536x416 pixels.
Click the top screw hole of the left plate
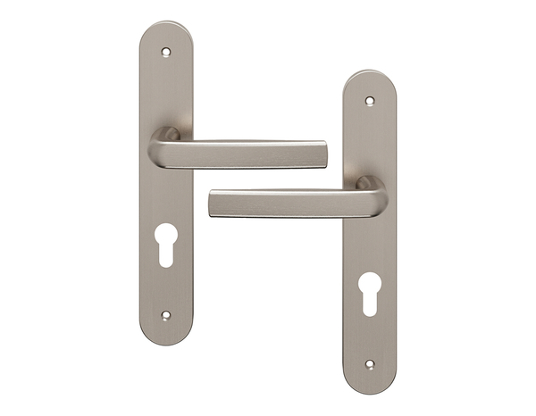(x=165, y=52)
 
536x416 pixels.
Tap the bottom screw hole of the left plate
(x=165, y=314)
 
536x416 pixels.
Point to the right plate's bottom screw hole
(x=370, y=364)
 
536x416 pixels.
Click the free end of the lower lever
(x=216, y=204)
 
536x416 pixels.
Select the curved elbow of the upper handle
(x=163, y=143)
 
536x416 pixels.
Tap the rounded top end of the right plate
(x=370, y=79)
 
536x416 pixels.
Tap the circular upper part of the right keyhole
(x=370, y=285)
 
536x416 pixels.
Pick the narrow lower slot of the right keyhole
(x=370, y=302)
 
